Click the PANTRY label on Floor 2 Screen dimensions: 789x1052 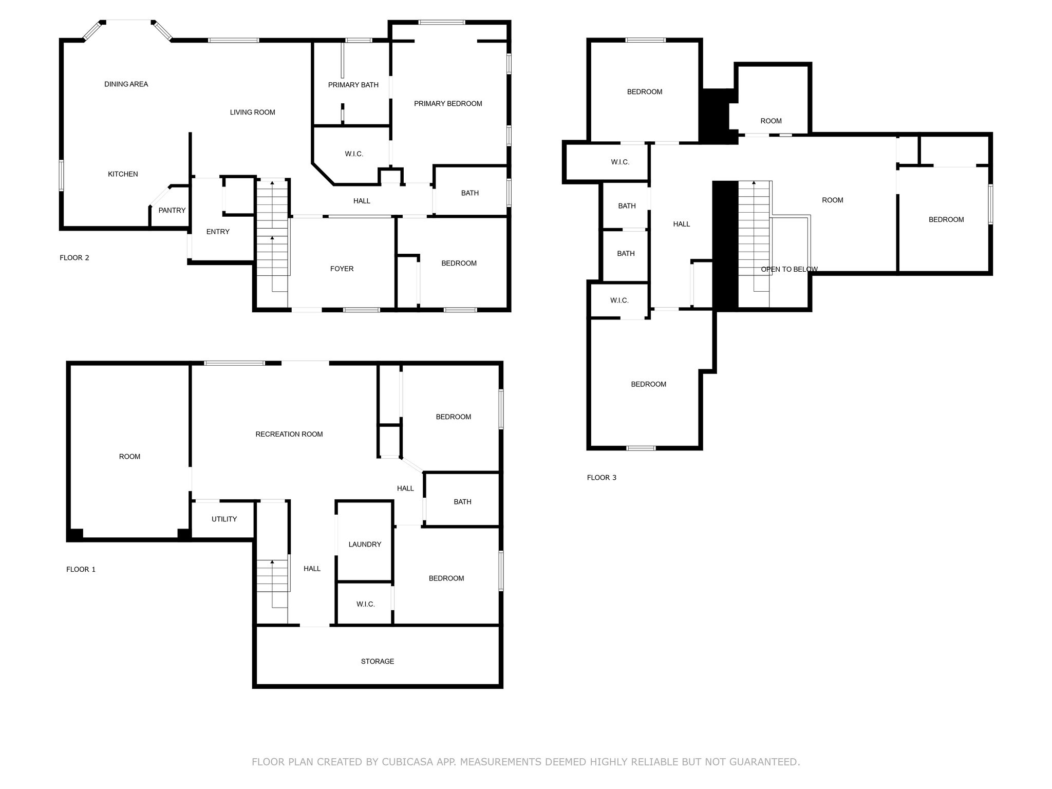click(172, 210)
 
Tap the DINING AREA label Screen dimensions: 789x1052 click(126, 84)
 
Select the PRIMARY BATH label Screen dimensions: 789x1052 click(353, 85)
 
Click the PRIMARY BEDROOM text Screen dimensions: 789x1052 click(448, 104)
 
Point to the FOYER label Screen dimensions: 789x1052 click(342, 269)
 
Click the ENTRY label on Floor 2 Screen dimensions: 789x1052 click(218, 232)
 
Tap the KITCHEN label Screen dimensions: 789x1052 click(123, 174)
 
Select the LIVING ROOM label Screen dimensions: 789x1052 click(252, 112)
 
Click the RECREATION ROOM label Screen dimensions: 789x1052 click(289, 434)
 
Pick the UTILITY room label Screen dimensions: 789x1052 click(224, 519)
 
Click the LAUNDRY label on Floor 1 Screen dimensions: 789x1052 click(365, 544)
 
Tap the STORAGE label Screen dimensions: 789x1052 click(377, 662)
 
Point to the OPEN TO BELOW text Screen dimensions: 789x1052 click(789, 269)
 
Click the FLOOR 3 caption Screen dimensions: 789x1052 click(602, 478)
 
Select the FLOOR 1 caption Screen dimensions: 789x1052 click(81, 570)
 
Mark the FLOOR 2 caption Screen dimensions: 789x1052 click(74, 258)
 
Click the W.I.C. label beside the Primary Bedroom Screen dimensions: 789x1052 click(354, 154)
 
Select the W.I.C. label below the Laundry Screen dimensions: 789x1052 click(365, 604)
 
